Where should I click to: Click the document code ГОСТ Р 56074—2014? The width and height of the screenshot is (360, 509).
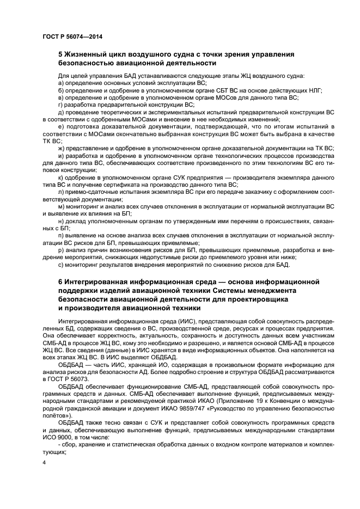[x=72, y=36]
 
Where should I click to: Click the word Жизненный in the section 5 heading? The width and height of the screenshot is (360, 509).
[x=88, y=54]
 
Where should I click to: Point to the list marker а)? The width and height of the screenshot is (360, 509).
[x=60, y=82]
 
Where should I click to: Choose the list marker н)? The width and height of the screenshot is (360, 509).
[x=60, y=222]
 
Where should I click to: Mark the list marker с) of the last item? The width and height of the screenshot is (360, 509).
[x=60, y=265]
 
